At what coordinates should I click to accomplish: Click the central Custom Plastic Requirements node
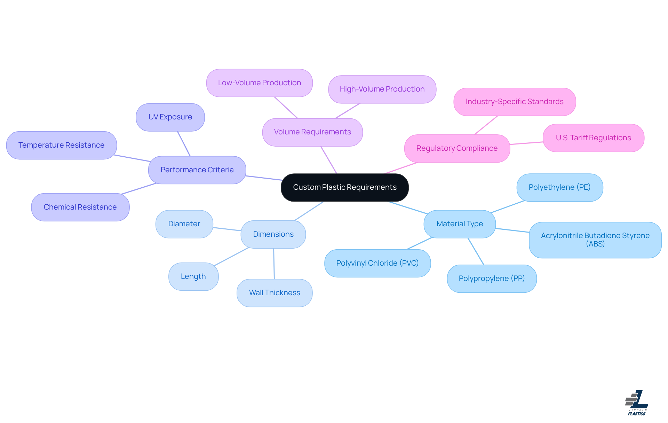click(x=344, y=187)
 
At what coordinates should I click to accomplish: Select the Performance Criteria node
click(x=197, y=170)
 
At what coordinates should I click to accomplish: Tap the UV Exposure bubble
click(x=170, y=117)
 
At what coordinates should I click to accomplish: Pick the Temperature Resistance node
click(x=61, y=145)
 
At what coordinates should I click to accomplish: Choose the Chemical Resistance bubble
click(x=80, y=207)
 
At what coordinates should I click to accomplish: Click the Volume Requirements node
click(x=312, y=132)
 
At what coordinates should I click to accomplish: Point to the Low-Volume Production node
click(x=259, y=83)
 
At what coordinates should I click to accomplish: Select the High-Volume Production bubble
click(x=382, y=89)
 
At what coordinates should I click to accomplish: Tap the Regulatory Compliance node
click(x=457, y=148)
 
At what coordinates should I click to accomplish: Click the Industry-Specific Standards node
click(x=514, y=102)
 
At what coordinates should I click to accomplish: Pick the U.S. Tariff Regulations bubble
click(x=593, y=138)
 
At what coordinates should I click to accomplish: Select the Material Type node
click(x=459, y=224)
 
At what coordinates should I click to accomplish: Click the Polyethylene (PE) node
click(x=559, y=187)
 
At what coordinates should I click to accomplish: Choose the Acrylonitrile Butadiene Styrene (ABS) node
click(x=595, y=240)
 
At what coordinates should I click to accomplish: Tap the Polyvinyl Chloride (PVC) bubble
click(x=377, y=263)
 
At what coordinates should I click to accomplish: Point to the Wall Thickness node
click(x=275, y=293)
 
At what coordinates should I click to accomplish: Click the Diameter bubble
click(x=184, y=224)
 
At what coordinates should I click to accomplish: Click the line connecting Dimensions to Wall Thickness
click(x=274, y=264)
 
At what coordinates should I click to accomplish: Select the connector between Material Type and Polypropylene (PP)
click(x=476, y=251)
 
